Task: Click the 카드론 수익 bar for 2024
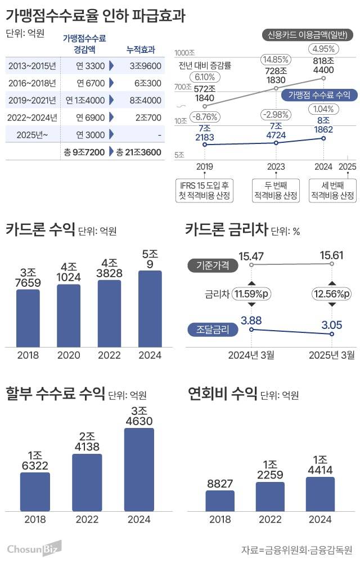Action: tap(150, 309)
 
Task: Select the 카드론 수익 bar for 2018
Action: tap(28, 318)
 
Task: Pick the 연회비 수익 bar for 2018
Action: tap(220, 501)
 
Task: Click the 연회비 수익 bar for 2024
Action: tap(320, 494)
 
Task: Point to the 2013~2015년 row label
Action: tap(32, 66)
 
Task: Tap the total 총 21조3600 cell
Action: tap(138, 152)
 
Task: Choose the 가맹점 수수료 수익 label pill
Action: tap(318, 94)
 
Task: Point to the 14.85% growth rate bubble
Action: tap(276, 59)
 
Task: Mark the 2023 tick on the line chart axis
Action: tap(276, 166)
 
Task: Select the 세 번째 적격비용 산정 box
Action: tap(332, 190)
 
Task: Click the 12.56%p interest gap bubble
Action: tap(331, 294)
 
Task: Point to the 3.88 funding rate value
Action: tap(251, 320)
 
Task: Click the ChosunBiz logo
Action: tap(34, 548)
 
